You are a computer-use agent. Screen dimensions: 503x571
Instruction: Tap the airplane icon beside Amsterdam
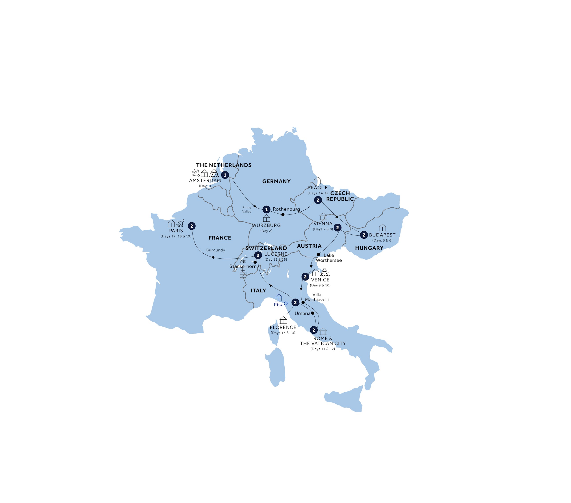(196, 173)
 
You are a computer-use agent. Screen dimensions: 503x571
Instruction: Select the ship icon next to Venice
(325, 272)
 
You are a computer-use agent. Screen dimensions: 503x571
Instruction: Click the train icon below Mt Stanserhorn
(243, 274)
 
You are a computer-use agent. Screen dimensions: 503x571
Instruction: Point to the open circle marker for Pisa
(285, 303)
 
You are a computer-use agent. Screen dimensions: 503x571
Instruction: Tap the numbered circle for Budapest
(364, 235)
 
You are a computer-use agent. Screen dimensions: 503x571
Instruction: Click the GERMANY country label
(276, 181)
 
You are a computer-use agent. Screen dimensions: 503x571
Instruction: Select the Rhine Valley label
(247, 210)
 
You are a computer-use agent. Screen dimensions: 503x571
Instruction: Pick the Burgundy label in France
(215, 250)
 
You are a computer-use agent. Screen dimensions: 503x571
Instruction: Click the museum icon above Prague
(318, 181)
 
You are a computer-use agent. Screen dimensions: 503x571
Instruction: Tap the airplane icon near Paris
(180, 223)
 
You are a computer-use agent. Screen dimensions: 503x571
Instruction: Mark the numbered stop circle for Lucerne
(258, 255)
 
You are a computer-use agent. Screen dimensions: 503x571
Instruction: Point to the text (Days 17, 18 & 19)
(176, 236)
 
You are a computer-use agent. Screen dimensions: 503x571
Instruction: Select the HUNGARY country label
(369, 248)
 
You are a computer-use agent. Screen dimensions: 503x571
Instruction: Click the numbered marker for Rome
(314, 330)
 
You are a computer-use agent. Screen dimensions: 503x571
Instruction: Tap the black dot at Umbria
(313, 313)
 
